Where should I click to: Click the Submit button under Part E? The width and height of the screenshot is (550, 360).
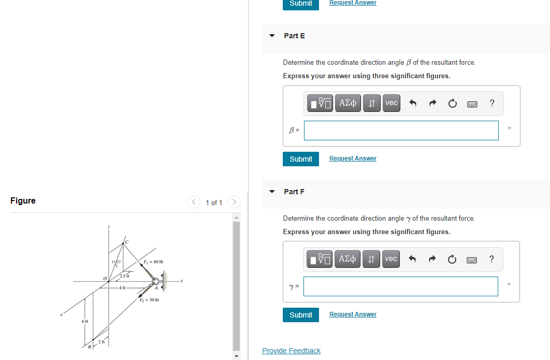coord(301,159)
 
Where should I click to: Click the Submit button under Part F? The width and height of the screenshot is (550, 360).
coord(301,315)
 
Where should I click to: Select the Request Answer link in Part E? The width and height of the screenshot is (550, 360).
coord(353,159)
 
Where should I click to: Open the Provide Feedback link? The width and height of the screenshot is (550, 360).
coord(291,351)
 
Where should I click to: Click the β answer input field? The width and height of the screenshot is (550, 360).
coord(401,131)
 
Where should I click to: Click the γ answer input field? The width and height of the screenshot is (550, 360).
coord(400,286)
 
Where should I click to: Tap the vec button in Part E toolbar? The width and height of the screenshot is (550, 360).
coord(392,103)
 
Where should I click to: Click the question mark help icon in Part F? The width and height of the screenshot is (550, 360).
coord(491,259)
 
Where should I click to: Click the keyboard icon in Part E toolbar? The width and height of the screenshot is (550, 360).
coord(472,104)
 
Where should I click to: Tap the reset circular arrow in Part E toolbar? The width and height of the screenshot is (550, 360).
coord(452,104)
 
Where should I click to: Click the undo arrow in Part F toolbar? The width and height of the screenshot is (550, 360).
coord(413,259)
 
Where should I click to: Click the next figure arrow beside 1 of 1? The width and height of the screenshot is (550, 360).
coord(234,202)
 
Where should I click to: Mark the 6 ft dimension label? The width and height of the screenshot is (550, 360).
coord(85,322)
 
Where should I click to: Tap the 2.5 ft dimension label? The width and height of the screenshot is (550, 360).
coord(125,276)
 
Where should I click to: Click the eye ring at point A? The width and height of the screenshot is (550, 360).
coord(155,284)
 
